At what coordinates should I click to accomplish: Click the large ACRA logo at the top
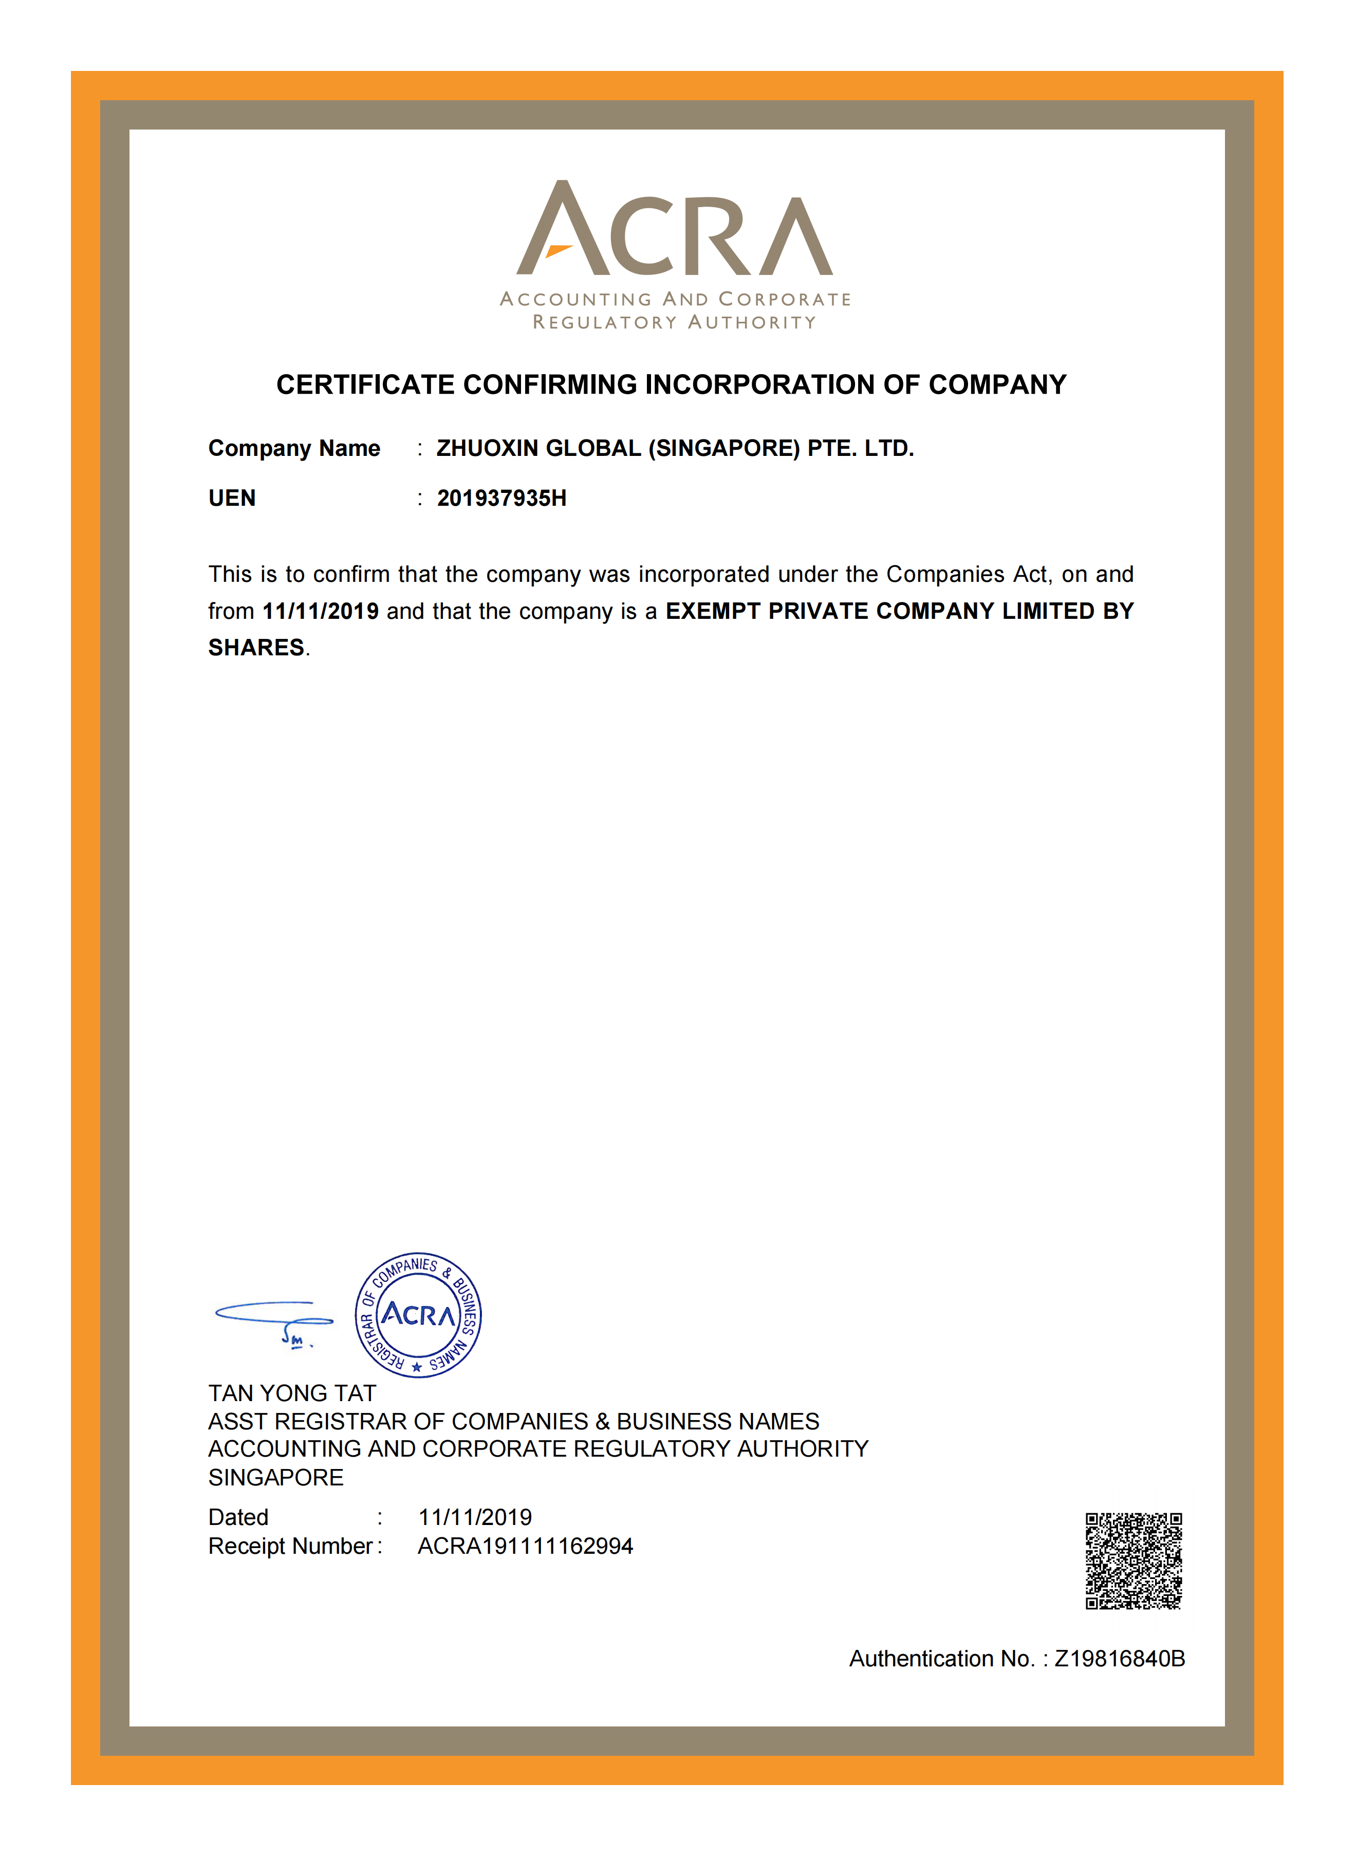[x=675, y=230]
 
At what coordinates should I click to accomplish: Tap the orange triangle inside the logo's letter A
[x=558, y=250]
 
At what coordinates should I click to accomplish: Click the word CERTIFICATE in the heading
[x=365, y=385]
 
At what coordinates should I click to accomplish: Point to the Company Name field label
[x=294, y=448]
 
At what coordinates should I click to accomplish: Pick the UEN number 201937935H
[x=501, y=498]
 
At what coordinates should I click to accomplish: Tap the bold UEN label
[x=232, y=498]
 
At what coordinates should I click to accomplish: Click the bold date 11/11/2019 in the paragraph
[x=320, y=612]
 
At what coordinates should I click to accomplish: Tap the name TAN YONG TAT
[x=292, y=1393]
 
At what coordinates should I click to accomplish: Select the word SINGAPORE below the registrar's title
[x=276, y=1478]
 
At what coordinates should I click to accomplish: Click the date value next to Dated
[x=474, y=1517]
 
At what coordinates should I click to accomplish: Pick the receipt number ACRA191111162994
[x=525, y=1547]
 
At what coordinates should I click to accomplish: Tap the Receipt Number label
[x=291, y=1547]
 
